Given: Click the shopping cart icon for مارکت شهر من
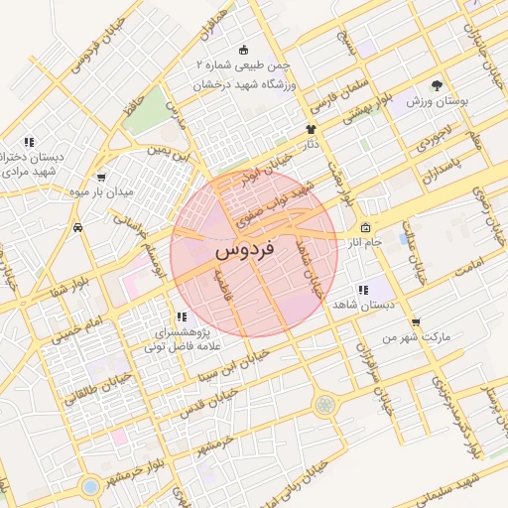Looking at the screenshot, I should click(415, 321).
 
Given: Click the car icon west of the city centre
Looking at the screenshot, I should click(77, 227).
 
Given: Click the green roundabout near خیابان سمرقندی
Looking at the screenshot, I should click(324, 404).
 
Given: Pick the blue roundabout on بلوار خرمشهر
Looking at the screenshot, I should click(90, 487).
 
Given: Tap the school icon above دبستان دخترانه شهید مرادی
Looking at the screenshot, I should click(29, 142).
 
